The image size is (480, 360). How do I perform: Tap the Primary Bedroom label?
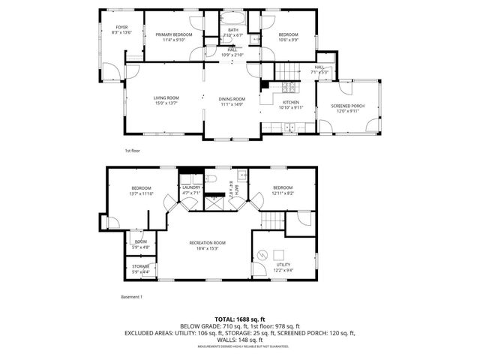[x=174, y=34]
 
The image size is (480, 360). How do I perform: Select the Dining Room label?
[x=232, y=99]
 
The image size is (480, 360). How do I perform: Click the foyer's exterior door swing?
[x=109, y=73]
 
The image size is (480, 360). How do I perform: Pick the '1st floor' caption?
[x=132, y=151]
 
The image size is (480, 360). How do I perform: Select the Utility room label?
[x=282, y=265]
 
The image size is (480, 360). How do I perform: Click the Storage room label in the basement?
[x=141, y=265]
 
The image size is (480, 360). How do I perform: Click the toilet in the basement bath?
[x=211, y=179]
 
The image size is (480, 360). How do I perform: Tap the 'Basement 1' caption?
[x=132, y=297]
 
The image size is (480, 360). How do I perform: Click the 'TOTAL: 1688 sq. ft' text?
[x=239, y=318]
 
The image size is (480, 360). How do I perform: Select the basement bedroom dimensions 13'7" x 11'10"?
[x=142, y=193]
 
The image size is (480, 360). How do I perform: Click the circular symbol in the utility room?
[x=262, y=256]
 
